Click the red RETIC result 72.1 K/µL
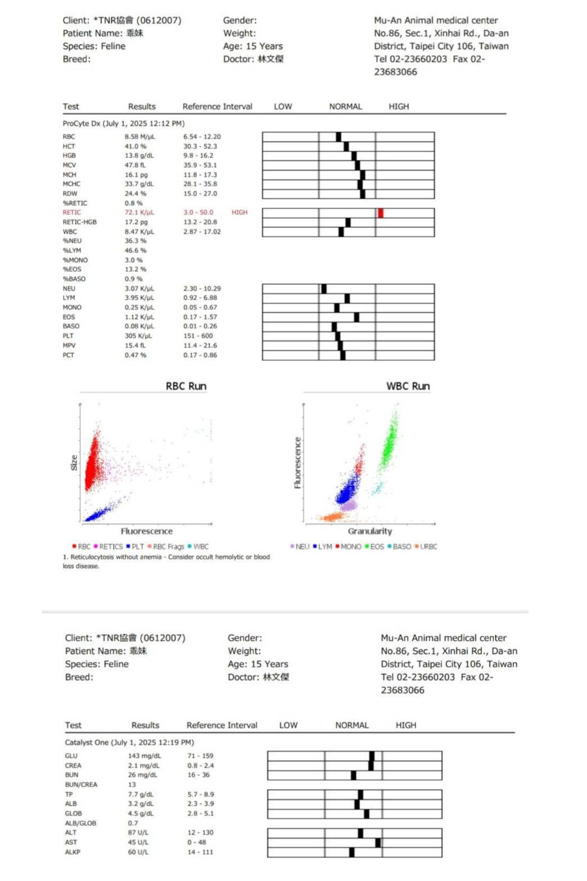(x=139, y=213)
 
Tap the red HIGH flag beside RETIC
(x=239, y=213)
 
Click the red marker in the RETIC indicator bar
(x=381, y=213)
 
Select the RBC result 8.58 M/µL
(x=139, y=137)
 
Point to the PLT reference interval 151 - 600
(x=198, y=336)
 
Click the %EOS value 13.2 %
(x=135, y=269)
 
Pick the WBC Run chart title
(x=408, y=386)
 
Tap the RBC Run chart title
(x=186, y=386)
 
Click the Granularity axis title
(x=369, y=531)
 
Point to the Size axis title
(x=74, y=462)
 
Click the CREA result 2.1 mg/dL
(x=143, y=766)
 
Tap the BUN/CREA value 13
(x=132, y=785)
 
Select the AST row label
(x=71, y=842)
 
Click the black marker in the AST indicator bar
(x=378, y=842)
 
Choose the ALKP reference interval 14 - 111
(x=200, y=852)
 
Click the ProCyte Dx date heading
(x=123, y=123)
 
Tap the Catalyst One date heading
(x=129, y=742)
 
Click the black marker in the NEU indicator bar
(x=324, y=289)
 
